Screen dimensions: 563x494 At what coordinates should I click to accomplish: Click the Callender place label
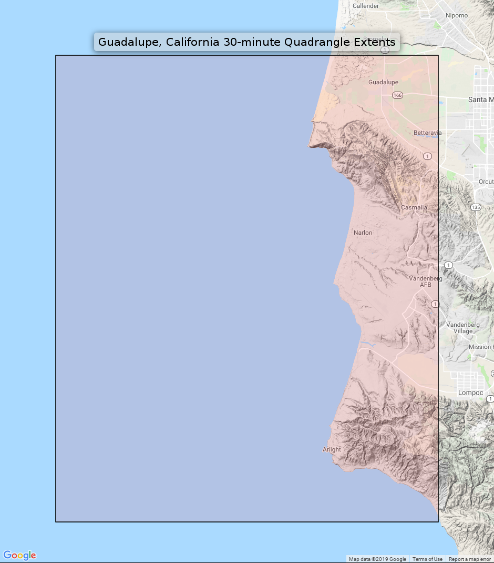(x=366, y=6)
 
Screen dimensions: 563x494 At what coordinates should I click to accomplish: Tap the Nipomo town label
(x=456, y=15)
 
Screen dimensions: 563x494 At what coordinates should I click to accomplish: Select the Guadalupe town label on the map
(x=383, y=82)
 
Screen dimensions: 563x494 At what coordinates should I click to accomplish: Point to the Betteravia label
(x=427, y=133)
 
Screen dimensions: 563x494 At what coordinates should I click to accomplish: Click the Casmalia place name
(x=414, y=207)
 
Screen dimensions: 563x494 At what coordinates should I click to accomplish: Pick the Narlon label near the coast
(x=363, y=233)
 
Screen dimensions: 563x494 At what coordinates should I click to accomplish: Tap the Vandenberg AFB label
(x=426, y=281)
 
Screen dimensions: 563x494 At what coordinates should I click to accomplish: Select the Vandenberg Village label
(x=462, y=328)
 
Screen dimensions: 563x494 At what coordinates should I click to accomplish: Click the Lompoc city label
(x=470, y=393)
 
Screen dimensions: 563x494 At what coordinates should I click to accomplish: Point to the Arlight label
(x=332, y=449)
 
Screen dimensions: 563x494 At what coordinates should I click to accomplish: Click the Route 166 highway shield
(x=397, y=95)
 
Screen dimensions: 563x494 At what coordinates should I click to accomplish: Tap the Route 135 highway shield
(x=476, y=207)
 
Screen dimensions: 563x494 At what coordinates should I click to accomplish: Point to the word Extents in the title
(x=375, y=42)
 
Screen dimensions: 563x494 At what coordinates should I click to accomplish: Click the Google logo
(x=20, y=555)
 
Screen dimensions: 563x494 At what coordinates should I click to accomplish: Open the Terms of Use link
(x=427, y=559)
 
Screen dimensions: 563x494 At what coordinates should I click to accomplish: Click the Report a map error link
(x=469, y=559)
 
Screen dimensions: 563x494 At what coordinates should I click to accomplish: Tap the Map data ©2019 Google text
(x=377, y=559)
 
